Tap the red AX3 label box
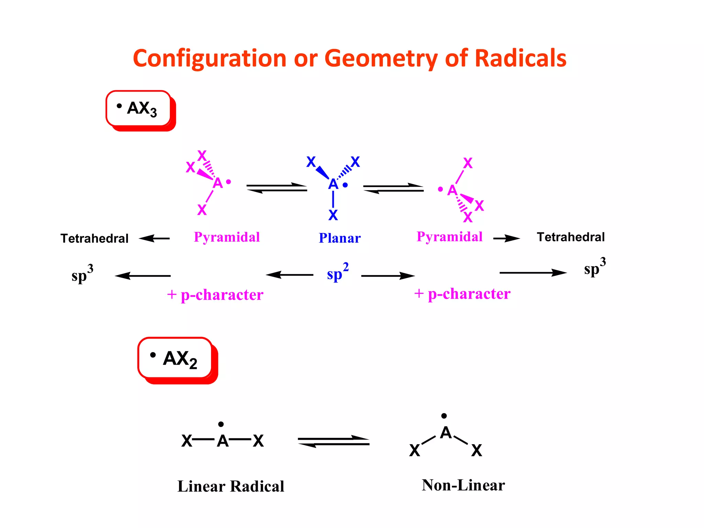tap(139, 109)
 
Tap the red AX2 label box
tap(176, 359)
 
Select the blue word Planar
tap(340, 238)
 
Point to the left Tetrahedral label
tap(94, 239)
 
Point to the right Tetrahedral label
tap(571, 237)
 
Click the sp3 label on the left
tap(82, 274)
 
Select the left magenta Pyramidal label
tap(227, 237)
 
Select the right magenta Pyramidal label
tap(450, 237)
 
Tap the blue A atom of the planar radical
tap(333, 184)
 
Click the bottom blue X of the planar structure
tap(333, 215)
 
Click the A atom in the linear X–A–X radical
tap(223, 441)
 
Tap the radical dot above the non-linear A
tap(444, 416)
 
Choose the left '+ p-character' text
tap(215, 295)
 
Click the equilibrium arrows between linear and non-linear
tap(333, 441)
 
